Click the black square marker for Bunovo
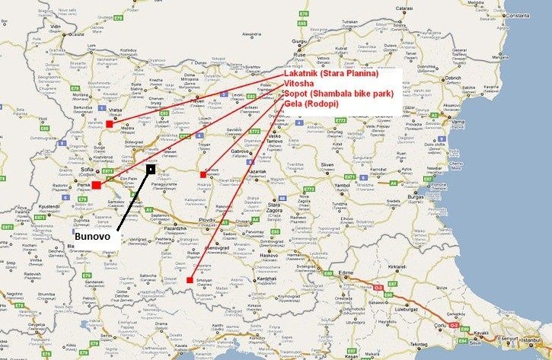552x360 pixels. [x=151, y=167]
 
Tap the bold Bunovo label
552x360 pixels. [x=92, y=237]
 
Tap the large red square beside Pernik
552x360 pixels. [x=96, y=185]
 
